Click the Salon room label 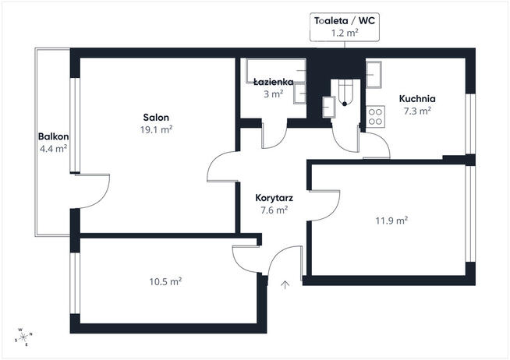(156, 118)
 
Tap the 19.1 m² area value (156, 129)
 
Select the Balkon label (53, 136)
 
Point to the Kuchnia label (417, 98)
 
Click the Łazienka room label (274, 82)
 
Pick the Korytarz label (274, 198)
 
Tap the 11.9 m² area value (391, 221)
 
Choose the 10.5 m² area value (165, 281)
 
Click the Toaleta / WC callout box (345, 27)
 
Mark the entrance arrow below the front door (285, 284)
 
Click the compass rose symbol (23, 337)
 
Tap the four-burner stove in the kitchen (376, 117)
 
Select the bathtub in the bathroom (276, 70)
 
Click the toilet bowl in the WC (345, 93)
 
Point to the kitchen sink (374, 74)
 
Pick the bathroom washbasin (300, 94)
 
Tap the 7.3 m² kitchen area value (417, 111)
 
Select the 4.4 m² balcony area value (53, 149)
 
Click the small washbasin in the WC (329, 107)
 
